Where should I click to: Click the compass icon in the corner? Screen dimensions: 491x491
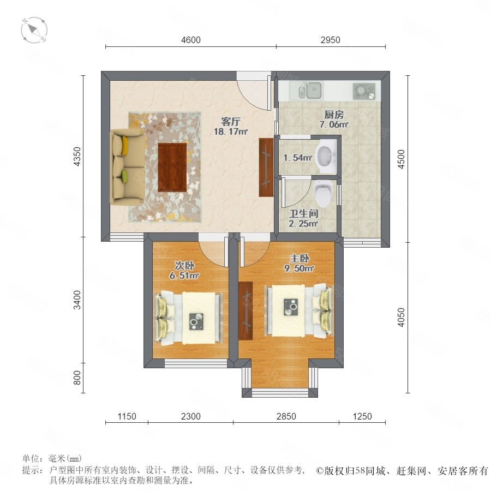[34, 30]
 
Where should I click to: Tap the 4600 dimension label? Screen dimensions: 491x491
[191, 40]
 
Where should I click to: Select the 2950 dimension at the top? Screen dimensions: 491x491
[330, 40]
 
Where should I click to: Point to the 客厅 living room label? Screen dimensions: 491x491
[231, 122]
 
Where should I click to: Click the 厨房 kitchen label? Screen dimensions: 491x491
[334, 115]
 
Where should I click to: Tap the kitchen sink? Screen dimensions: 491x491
[310, 90]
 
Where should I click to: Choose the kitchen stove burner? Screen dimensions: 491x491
[363, 91]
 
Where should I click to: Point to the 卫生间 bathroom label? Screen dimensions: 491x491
[303, 214]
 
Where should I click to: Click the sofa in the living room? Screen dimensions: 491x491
[128, 167]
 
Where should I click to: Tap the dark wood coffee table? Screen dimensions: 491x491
[172, 167]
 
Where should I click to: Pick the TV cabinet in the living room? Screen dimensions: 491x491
[266, 167]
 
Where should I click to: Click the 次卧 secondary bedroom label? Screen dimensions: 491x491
[184, 266]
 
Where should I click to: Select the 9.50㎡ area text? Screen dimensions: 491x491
[299, 268]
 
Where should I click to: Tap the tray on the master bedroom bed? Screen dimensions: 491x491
[291, 307]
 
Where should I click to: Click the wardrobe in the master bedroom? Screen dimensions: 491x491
[245, 310]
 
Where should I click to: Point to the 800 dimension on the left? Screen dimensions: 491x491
[77, 378]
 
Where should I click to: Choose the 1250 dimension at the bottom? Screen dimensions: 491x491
[362, 416]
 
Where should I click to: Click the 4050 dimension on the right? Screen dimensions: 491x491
[401, 317]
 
